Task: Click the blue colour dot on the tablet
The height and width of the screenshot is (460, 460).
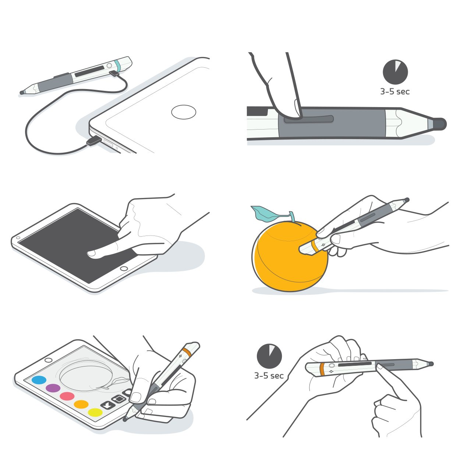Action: click(39, 380)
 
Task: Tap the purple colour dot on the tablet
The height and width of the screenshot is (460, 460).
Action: click(53, 388)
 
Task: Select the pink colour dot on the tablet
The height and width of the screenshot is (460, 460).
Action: click(67, 396)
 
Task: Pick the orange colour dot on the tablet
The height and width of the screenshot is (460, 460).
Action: click(81, 404)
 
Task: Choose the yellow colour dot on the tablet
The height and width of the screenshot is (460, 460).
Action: click(95, 413)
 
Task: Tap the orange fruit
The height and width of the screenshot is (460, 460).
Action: click(290, 256)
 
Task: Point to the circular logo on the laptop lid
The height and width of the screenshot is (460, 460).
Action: click(184, 112)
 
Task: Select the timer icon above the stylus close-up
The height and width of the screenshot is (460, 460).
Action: click(395, 72)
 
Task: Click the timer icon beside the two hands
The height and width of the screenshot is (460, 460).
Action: click(269, 356)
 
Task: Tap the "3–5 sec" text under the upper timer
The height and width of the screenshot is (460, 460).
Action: click(395, 92)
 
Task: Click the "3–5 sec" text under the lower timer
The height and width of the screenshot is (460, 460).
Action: click(269, 375)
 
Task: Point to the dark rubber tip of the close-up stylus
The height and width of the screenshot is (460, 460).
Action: click(439, 124)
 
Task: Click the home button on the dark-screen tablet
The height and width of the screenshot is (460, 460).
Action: click(124, 269)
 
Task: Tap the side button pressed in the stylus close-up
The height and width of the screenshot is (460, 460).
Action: click(309, 119)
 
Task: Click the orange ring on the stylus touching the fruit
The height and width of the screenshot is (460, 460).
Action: click(315, 247)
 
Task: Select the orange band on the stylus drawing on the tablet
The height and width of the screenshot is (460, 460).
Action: click(187, 352)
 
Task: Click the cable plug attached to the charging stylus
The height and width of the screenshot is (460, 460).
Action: click(114, 73)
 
